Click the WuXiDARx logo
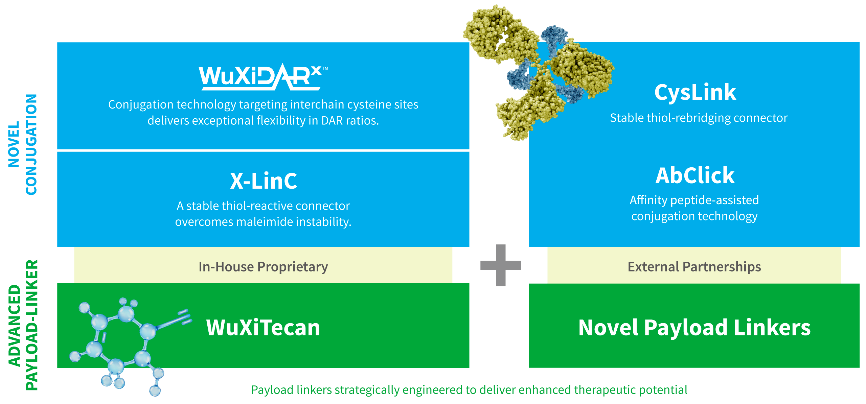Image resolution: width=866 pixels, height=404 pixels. coord(262,77)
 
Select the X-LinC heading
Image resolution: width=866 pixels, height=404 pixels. coord(264,181)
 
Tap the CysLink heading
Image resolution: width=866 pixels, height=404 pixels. coord(695,92)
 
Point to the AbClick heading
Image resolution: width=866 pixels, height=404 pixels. coord(695,175)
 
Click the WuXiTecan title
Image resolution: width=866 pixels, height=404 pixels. coord(263,328)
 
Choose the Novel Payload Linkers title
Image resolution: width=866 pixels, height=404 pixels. coord(694,328)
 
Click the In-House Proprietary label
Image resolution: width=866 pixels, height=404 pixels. coord(263,267)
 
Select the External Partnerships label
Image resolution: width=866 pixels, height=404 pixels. coord(694,267)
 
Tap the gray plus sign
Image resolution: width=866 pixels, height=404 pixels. coord(501,265)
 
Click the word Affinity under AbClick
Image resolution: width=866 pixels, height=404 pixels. coord(648,200)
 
